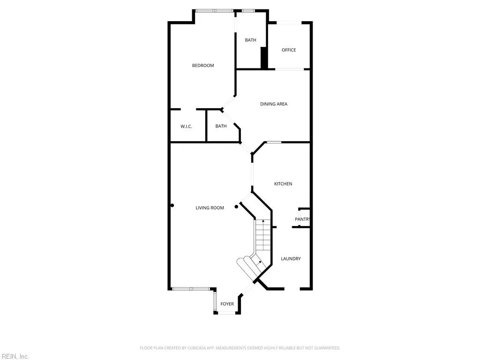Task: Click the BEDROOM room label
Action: (203, 66)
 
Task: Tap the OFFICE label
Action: (289, 50)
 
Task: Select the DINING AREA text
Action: (274, 104)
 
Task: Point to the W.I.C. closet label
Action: (187, 127)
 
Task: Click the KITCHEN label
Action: (283, 184)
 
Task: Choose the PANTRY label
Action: (302, 219)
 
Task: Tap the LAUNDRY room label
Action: (291, 259)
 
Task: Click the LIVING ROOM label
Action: (210, 208)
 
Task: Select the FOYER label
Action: (227, 304)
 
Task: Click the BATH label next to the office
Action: (251, 40)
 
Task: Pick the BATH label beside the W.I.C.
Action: (221, 126)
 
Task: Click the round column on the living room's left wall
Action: (172, 205)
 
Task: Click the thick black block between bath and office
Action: (264, 58)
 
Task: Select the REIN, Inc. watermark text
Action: (15, 357)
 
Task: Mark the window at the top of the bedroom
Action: (214, 10)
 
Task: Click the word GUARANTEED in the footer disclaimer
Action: (327, 348)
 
